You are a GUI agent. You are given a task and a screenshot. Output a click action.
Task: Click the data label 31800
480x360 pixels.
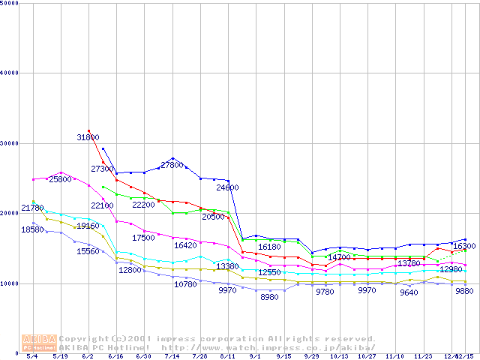(88, 138)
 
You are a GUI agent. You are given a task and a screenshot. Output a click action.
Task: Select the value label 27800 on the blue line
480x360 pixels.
(172, 165)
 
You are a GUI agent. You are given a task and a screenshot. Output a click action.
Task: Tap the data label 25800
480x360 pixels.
(61, 180)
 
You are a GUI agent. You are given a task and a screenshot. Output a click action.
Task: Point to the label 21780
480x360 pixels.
(33, 208)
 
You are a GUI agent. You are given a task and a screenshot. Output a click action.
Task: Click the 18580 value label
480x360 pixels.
(33, 229)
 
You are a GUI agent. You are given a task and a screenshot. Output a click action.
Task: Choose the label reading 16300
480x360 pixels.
(464, 246)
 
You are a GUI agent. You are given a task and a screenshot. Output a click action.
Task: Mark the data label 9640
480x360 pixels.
(409, 292)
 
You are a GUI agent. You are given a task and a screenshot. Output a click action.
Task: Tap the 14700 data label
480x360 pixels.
(340, 258)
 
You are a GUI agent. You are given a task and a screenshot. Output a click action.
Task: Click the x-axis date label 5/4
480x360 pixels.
(32, 355)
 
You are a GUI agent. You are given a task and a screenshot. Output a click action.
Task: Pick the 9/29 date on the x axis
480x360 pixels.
(311, 355)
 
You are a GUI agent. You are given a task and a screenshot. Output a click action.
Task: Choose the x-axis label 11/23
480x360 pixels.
(423, 355)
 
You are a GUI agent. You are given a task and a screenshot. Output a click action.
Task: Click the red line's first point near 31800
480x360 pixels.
(88, 130)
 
